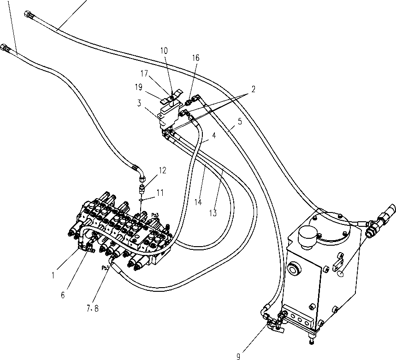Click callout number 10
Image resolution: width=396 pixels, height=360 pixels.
tap(164, 51)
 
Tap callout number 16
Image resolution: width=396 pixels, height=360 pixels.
tap(196, 58)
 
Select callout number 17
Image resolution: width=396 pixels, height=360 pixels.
tap(144, 73)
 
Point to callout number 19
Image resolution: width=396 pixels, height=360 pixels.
tap(139, 87)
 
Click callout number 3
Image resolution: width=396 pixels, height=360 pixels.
tap(139, 103)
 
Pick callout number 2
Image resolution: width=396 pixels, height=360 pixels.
tap(253, 89)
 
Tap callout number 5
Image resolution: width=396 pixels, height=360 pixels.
tap(240, 121)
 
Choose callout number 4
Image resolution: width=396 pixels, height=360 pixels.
tap(214, 136)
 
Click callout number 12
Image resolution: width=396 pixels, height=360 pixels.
tap(163, 171)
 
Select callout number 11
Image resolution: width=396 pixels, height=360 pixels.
tap(160, 193)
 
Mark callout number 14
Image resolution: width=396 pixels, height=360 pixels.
tap(198, 202)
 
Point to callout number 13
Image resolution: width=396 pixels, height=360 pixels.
tap(213, 213)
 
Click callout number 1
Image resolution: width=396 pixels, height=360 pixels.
tap(53, 276)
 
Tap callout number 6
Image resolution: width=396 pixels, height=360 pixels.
tap(63, 295)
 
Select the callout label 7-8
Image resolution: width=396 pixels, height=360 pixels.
tap(93, 308)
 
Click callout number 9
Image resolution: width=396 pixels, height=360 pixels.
tap(238, 356)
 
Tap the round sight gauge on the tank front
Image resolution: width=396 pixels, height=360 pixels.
tap(295, 269)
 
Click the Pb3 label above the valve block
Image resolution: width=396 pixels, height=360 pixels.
tap(155, 215)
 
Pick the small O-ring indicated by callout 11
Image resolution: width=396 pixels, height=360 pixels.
tap(141, 200)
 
